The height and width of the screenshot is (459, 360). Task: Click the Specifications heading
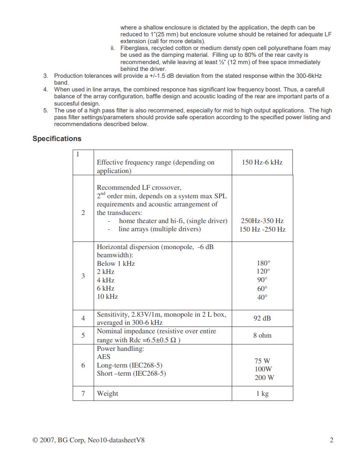tap(57, 138)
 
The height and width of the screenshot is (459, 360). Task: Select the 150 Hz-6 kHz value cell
tap(262, 162)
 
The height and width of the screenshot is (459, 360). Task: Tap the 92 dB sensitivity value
tap(262, 318)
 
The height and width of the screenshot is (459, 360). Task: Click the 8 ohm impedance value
tap(262, 335)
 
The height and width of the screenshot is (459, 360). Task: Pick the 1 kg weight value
tap(262, 394)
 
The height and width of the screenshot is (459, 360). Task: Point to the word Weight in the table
tap(107, 394)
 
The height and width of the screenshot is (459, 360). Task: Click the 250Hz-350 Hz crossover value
tap(262, 221)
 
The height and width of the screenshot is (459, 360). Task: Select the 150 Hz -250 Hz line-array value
tap(262, 229)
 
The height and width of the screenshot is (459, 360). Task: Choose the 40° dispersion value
tap(262, 297)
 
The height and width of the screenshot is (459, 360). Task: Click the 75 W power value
tap(262, 361)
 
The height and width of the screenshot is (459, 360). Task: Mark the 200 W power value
tap(264, 378)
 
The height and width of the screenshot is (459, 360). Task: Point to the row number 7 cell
tap(83, 394)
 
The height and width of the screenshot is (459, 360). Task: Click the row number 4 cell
tap(83, 318)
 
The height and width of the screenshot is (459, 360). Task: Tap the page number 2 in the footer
tap(331, 441)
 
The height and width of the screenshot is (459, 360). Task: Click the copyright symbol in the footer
tap(35, 441)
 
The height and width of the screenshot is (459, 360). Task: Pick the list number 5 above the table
tap(46, 110)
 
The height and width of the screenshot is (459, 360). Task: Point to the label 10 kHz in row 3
tap(107, 297)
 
